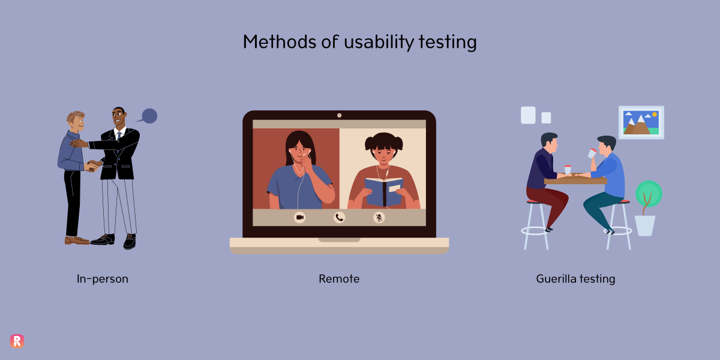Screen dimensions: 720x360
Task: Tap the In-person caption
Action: tap(102, 278)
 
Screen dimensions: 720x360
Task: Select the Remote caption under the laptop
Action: tap(339, 278)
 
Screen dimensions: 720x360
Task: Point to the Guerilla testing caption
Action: tap(575, 279)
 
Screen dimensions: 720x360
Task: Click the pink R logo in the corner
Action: tap(17, 341)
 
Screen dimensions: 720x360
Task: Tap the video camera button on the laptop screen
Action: tap(299, 218)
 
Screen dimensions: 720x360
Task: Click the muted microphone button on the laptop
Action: tap(379, 218)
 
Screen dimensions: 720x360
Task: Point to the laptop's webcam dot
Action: tap(339, 115)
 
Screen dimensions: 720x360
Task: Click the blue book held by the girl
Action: tap(384, 191)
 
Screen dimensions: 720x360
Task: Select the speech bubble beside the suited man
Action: tap(149, 116)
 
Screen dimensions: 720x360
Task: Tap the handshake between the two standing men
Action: tap(92, 166)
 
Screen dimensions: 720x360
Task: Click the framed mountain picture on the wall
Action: tap(641, 122)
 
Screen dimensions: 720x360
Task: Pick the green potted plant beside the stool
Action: tap(647, 208)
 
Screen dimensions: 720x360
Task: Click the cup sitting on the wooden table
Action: tap(568, 170)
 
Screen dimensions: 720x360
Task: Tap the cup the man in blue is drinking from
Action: tap(592, 153)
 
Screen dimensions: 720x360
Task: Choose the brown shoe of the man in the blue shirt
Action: tap(77, 240)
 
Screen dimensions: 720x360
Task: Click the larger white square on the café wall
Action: tap(528, 115)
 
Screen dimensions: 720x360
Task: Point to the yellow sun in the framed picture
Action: tap(655, 115)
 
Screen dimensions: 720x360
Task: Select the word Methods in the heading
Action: tap(280, 42)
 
